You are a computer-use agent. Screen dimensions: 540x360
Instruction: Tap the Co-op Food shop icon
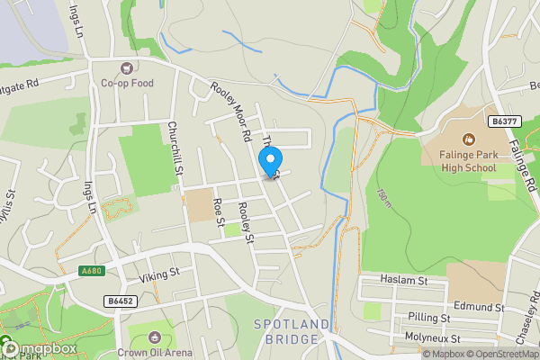127,67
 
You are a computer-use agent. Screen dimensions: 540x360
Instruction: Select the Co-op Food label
127,83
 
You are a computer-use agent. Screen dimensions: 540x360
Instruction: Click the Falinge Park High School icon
468,139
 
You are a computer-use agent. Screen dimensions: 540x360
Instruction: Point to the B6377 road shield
505,121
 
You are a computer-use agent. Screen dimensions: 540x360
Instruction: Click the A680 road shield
92,271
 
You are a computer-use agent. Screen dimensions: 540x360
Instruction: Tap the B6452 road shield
120,301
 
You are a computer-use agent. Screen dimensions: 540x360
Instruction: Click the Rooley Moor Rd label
230,112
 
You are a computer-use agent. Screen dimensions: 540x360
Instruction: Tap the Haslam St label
402,281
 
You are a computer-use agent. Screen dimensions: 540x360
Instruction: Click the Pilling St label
429,318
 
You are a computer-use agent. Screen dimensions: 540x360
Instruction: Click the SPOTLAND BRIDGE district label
286,332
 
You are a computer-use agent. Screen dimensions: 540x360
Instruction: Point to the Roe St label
217,213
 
